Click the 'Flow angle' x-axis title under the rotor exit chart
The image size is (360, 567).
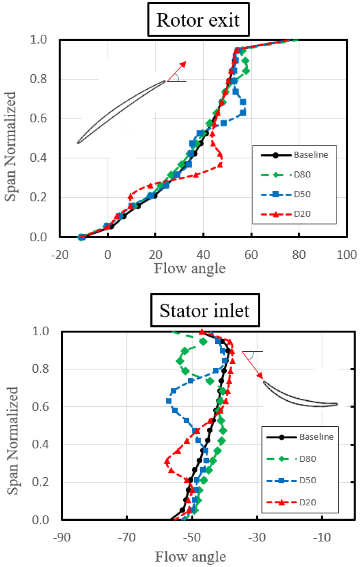[190, 268]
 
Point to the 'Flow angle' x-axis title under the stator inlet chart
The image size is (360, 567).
[190, 557]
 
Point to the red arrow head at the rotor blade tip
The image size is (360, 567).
[183, 64]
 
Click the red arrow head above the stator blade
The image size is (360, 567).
[261, 376]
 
